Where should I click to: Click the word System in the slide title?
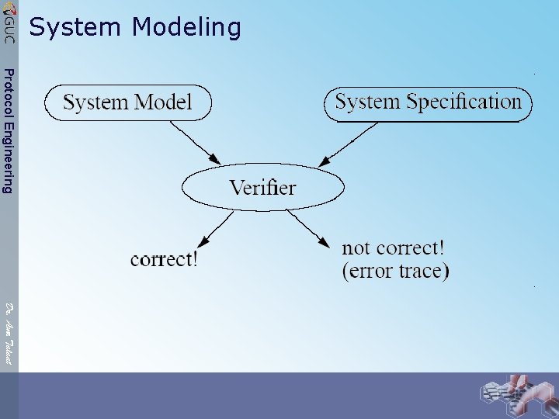click(x=76, y=28)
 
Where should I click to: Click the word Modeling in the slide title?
click(x=186, y=28)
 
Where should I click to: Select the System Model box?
click(x=128, y=102)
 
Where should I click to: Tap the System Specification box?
click(x=428, y=102)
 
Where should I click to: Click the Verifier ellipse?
click(x=262, y=187)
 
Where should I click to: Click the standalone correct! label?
click(x=164, y=259)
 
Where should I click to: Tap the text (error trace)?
click(x=395, y=271)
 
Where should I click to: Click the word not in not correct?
click(x=358, y=248)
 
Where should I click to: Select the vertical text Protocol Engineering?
click(x=8, y=130)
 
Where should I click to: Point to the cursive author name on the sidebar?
click(x=8, y=334)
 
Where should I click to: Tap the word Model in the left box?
click(x=162, y=102)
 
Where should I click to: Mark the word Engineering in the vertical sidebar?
click(x=8, y=160)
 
